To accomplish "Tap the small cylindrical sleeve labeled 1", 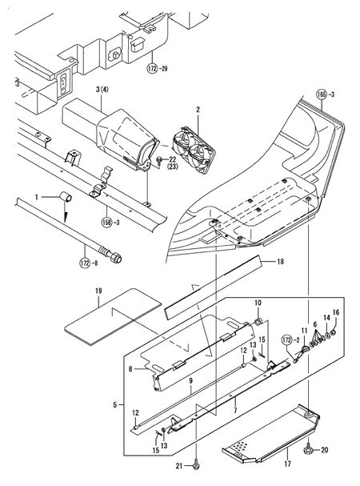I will coord(64,197).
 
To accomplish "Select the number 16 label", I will coord(336,311).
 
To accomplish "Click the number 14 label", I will coord(325,318).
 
